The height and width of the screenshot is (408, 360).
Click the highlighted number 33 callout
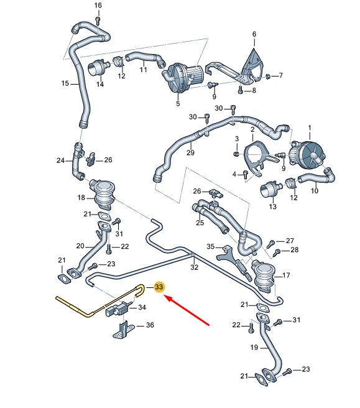coord(159,287)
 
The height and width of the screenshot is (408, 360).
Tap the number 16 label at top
coord(98,6)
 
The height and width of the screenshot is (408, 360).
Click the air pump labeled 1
coord(309,151)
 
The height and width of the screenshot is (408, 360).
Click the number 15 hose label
coord(65,83)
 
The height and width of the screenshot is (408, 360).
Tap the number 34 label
coord(142,307)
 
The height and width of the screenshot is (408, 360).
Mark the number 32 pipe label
coord(194,267)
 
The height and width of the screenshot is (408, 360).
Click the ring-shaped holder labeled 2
coord(254,152)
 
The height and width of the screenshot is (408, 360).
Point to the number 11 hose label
coord(143,70)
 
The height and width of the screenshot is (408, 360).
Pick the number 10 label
coord(314,190)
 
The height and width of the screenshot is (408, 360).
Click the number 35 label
coord(211,247)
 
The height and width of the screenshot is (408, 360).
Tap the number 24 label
coord(60,160)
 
